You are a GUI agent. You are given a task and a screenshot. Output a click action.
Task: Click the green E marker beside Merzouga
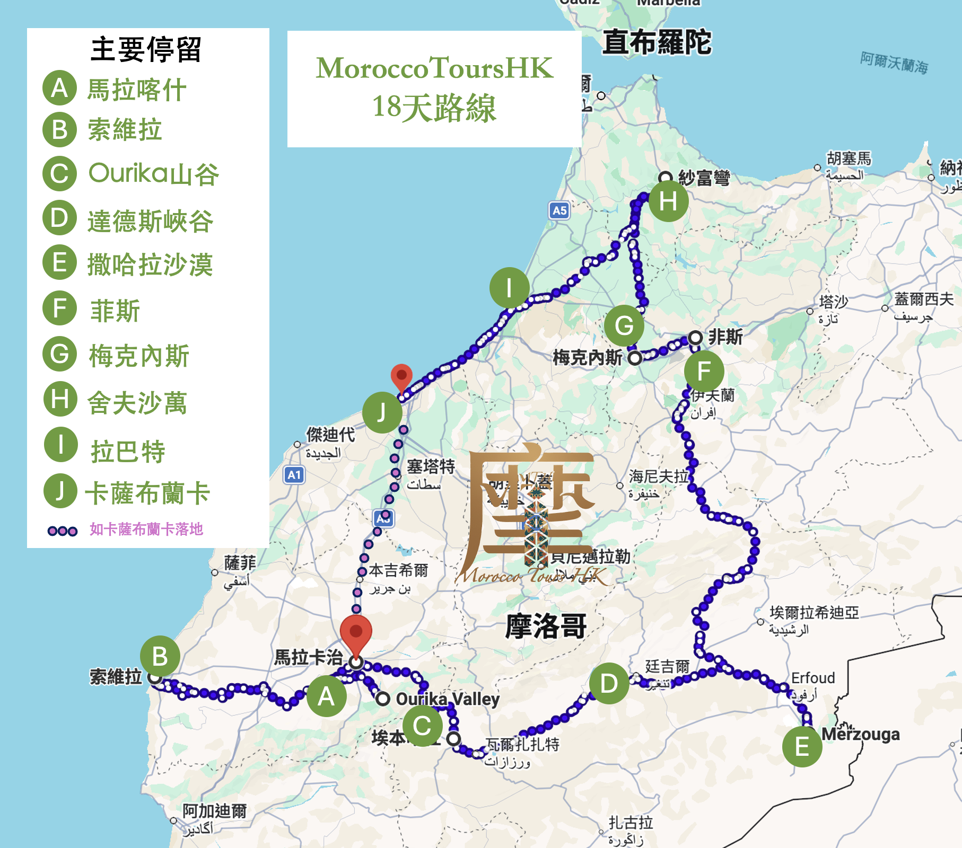coord(802,747)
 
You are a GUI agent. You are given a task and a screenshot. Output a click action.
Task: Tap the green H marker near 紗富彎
coord(668,201)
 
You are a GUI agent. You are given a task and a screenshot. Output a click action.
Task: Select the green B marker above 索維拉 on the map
coord(160,656)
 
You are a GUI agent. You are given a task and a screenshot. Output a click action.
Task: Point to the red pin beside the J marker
coord(401,377)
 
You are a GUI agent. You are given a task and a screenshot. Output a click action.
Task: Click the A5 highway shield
coord(559,210)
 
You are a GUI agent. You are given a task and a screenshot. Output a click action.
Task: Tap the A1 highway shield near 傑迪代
coord(294,475)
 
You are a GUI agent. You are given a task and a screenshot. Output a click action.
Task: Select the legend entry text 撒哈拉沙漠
coord(150,264)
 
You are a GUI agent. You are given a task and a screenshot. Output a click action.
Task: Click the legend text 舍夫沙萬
coord(137,403)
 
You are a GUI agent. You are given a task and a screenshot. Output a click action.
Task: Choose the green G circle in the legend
coord(60,354)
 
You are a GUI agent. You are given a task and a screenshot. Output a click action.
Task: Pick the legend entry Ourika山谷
coord(153,174)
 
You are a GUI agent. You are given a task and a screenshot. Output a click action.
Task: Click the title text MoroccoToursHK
coord(434,68)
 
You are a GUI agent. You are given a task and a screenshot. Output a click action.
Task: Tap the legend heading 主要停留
coord(146,50)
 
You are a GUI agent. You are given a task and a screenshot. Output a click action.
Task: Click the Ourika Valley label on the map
coord(448,699)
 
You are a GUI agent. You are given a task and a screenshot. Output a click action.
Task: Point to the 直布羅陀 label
coord(657,42)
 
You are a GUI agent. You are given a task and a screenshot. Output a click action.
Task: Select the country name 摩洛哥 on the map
coord(546,626)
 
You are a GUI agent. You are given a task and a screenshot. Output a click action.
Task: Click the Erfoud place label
coord(813,678)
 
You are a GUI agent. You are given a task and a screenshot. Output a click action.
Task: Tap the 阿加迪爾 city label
coord(215,811)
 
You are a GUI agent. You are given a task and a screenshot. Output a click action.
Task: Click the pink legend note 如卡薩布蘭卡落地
coord(146,529)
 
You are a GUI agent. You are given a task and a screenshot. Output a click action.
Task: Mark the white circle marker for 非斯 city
coord(695,338)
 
